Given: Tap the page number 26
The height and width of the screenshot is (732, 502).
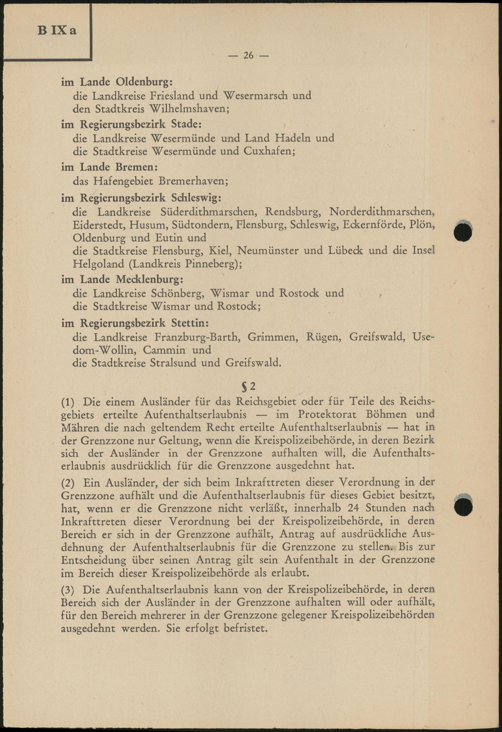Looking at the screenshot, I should point(248,55).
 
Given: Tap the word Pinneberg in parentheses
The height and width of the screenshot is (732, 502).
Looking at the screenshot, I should point(211,264).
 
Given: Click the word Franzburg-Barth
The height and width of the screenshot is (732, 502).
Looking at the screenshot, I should point(196,337).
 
